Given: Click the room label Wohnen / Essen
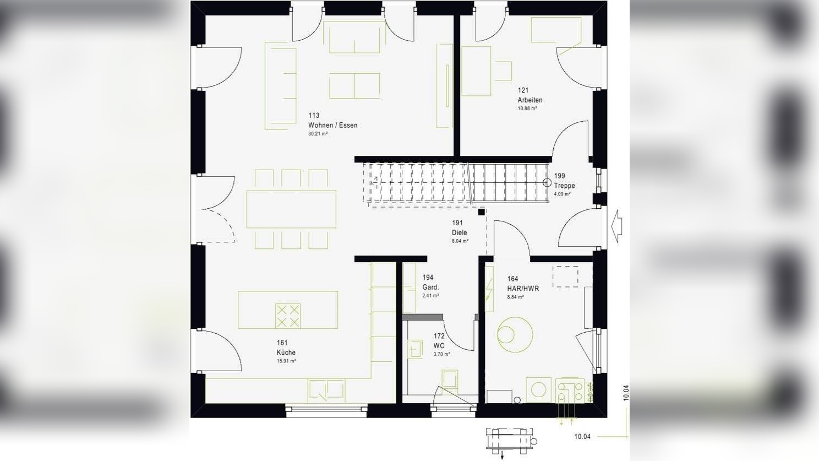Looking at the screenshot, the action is point(332,125).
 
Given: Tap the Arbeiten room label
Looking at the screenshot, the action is point(530,100).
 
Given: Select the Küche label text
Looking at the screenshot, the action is point(286,352).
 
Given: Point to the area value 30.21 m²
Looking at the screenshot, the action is point(318,134).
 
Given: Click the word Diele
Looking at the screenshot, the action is point(459,232).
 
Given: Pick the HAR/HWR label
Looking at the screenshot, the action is point(523,288).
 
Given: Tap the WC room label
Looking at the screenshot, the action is point(439,346).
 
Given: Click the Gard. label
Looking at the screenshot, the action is point(430,287).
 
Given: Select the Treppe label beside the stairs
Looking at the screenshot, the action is point(564,186).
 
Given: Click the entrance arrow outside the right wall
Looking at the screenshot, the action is point(616,226).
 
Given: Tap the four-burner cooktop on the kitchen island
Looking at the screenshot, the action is point(288,316).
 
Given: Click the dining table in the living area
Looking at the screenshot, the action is point(291,209).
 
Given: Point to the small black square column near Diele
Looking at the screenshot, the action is point(481,212).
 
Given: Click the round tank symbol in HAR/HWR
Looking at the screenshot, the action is point(515,335).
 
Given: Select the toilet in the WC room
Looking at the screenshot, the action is point(449,382).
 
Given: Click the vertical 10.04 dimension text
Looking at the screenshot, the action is point(626,393).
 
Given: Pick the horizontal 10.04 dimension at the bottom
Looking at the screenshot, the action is point(582,436).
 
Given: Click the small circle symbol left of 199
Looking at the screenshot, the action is point(547,182).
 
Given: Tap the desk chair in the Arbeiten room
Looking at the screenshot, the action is point(504,71).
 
